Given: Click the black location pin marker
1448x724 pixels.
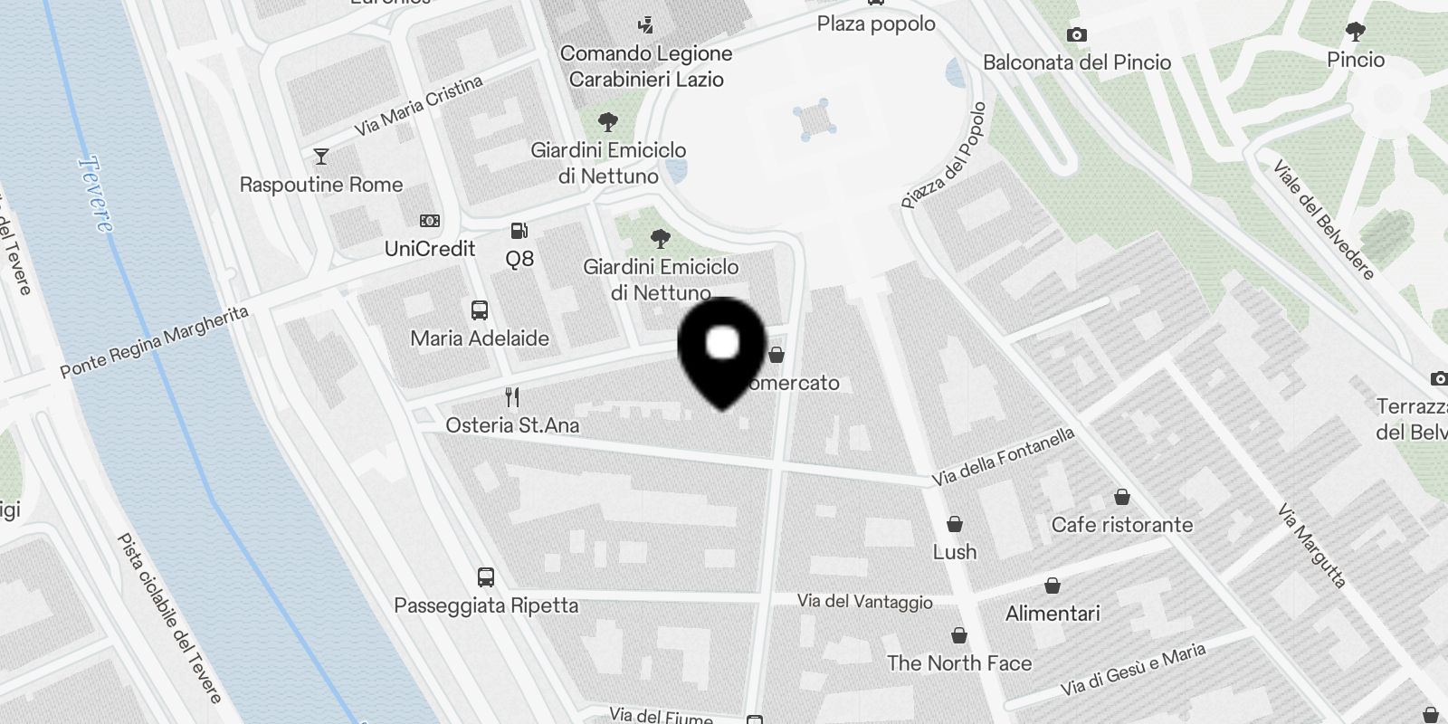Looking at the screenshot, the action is point(722,348).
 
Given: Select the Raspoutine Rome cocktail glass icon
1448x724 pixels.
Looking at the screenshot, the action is point(320,157).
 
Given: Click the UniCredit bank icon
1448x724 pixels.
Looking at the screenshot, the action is point(430,221).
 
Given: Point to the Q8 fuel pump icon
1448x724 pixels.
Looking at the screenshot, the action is point(519,231).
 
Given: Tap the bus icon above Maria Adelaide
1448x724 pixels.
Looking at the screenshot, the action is point(480,310).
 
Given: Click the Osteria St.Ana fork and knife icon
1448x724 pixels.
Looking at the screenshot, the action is point(512,396).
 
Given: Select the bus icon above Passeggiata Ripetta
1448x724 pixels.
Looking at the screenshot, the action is point(486,576).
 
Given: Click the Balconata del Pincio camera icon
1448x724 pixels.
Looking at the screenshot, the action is point(1076,34).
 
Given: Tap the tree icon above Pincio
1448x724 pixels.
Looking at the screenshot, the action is point(1356,33).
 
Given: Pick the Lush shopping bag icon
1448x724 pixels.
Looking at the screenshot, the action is point(954,524).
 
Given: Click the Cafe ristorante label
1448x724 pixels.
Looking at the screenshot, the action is point(1122,525).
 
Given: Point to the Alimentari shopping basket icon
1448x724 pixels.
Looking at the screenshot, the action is point(1053,586).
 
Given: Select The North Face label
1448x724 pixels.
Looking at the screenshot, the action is point(959,663).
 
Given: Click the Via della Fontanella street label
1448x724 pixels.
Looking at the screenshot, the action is point(1004,456).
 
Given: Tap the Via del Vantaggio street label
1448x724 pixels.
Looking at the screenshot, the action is point(864,602).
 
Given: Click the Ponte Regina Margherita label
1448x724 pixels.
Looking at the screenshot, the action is point(154,342).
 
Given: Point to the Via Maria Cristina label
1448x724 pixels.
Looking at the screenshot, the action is point(418,107).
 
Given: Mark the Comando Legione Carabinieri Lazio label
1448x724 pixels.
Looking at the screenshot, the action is point(646,66).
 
